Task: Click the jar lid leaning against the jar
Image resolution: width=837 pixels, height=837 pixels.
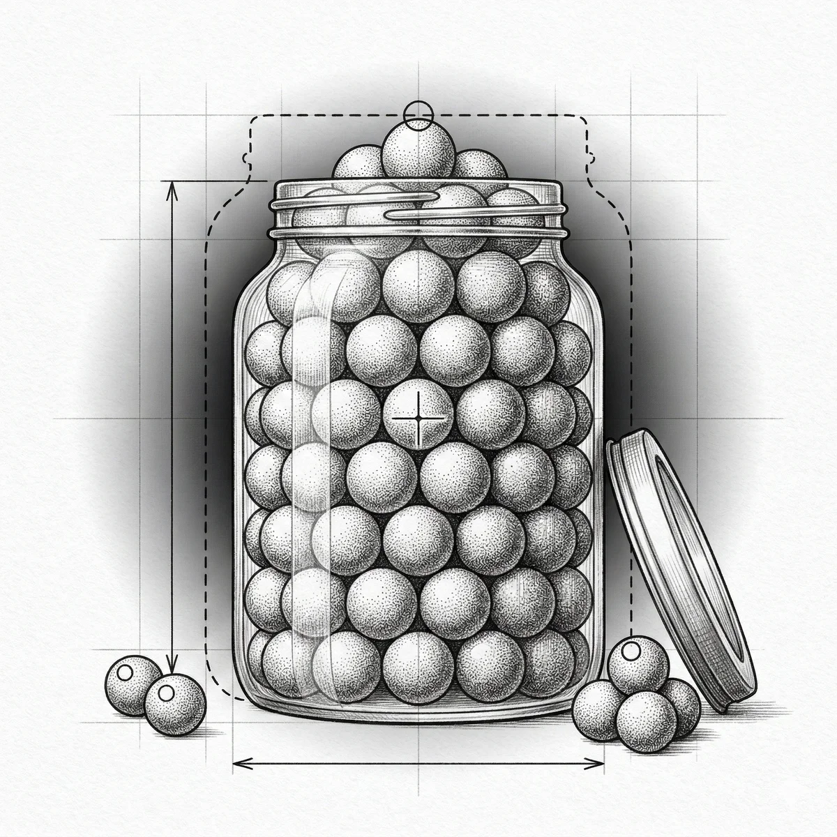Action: tap(680, 565)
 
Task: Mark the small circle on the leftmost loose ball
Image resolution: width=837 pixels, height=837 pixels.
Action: tap(126, 674)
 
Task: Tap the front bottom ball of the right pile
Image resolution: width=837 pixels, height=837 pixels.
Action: tap(645, 723)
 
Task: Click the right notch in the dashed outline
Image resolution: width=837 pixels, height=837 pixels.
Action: tap(590, 155)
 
